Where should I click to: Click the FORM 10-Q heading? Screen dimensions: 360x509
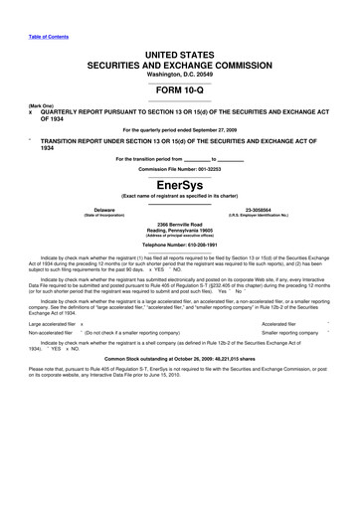pos(179,90)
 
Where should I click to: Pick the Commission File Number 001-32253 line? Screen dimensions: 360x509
pos(179,168)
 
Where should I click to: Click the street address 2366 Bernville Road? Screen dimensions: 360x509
pos(179,226)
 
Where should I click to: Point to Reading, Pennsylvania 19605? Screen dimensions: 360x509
pos(179,232)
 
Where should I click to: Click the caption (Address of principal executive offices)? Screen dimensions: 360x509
pos(179,238)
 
